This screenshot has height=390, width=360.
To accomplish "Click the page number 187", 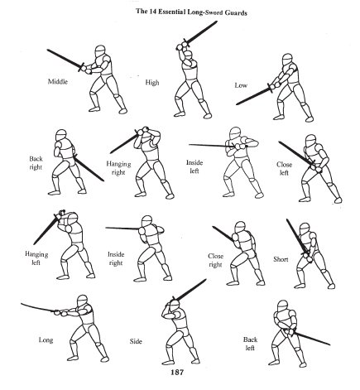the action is click(x=177, y=372).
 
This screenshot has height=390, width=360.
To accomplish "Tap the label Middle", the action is click(x=58, y=82).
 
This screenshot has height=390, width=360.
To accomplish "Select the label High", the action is click(x=152, y=82).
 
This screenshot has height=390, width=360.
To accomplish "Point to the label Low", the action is click(x=241, y=85).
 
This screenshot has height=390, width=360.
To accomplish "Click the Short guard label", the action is click(x=281, y=259).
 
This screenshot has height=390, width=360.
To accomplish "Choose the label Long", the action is click(x=46, y=339).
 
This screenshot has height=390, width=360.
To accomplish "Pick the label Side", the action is click(x=136, y=341).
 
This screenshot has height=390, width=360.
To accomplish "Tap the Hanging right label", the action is click(x=118, y=168).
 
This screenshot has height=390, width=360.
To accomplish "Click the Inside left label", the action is click(x=194, y=166).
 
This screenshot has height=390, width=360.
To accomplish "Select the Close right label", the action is click(x=215, y=260).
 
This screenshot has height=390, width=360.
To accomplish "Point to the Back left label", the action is click(x=250, y=344).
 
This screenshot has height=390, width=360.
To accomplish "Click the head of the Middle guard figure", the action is click(x=100, y=51).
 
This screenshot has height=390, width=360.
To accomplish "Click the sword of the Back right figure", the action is click(x=89, y=168).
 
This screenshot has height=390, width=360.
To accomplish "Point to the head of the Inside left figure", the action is click(x=235, y=133).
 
